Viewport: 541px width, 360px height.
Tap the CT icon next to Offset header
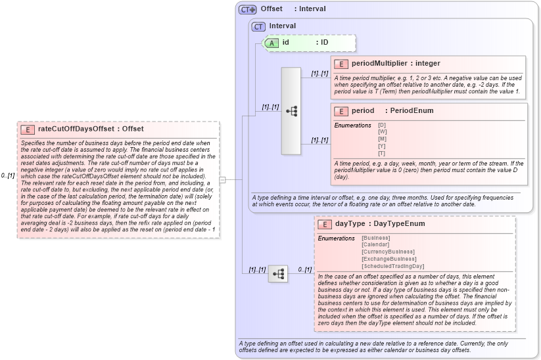(x=247, y=9)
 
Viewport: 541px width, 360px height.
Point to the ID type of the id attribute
(x=324, y=43)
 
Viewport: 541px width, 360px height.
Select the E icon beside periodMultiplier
(x=341, y=64)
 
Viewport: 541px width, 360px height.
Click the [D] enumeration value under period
(x=382, y=125)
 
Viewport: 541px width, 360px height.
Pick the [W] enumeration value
(x=382, y=132)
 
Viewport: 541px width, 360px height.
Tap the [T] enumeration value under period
(x=382, y=153)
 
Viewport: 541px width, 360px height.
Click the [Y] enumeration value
(x=382, y=146)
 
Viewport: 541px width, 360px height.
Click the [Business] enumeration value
(x=377, y=238)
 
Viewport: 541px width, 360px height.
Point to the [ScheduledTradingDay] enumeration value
(x=393, y=266)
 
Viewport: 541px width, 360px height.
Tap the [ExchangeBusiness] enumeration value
(x=388, y=259)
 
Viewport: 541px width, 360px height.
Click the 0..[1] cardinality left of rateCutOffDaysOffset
(x=8, y=175)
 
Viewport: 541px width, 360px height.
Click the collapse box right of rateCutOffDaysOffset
(x=222, y=179)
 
